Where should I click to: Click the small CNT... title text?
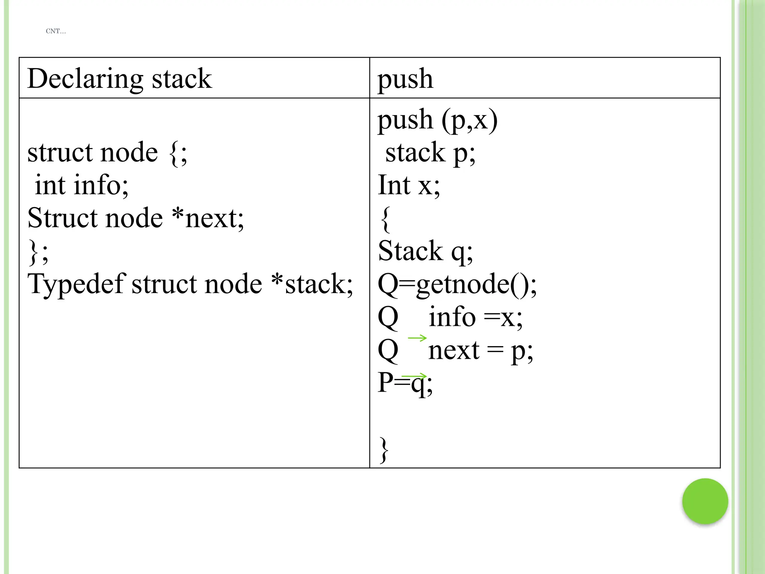pyautogui.click(x=56, y=31)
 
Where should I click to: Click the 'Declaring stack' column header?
pyautogui.click(x=120, y=79)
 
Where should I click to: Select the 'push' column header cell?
pyautogui.click(x=405, y=79)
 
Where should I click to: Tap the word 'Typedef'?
pyautogui.click(x=77, y=284)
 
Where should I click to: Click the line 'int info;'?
pyautogui.click(x=81, y=185)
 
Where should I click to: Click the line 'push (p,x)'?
pyautogui.click(x=437, y=120)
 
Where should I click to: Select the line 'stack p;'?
pyautogui.click(x=430, y=153)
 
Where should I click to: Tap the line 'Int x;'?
pyautogui.click(x=409, y=185)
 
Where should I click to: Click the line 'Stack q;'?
pyautogui.click(x=425, y=251)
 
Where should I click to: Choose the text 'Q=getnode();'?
pyautogui.click(x=457, y=284)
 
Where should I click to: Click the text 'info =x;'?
pyautogui.click(x=475, y=317)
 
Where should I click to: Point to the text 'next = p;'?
pyautogui.click(x=480, y=351)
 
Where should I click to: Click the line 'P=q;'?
pyautogui.click(x=405, y=383)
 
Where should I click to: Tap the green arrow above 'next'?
pyautogui.click(x=417, y=338)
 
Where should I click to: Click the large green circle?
pyautogui.click(x=705, y=501)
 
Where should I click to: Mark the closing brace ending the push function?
pyautogui.click(x=384, y=450)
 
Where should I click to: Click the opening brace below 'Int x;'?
pyautogui.click(x=385, y=219)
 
